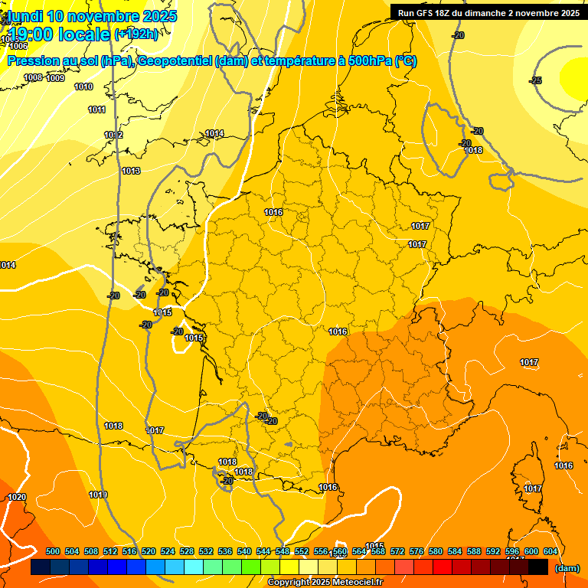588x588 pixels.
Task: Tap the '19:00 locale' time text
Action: coord(59,34)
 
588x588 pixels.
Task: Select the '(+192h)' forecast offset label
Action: coord(136,34)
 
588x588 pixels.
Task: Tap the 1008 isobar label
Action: coord(33,77)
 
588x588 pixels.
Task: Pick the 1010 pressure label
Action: coord(84,87)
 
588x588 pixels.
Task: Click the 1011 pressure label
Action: coord(96,109)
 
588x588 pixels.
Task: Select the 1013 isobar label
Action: coord(131,171)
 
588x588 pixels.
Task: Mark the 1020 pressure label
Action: coord(17,497)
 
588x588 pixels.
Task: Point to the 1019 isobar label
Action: coord(98,495)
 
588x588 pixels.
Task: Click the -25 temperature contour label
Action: coord(536,80)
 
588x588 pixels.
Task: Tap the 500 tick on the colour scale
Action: coord(53,551)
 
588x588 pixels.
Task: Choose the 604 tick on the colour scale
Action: coord(550,551)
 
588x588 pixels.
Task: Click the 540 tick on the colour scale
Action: coord(244,551)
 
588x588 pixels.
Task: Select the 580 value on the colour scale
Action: coord(436,551)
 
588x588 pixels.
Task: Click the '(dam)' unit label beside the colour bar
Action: coord(567,568)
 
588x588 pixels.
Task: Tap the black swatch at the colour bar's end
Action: coord(538,567)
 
